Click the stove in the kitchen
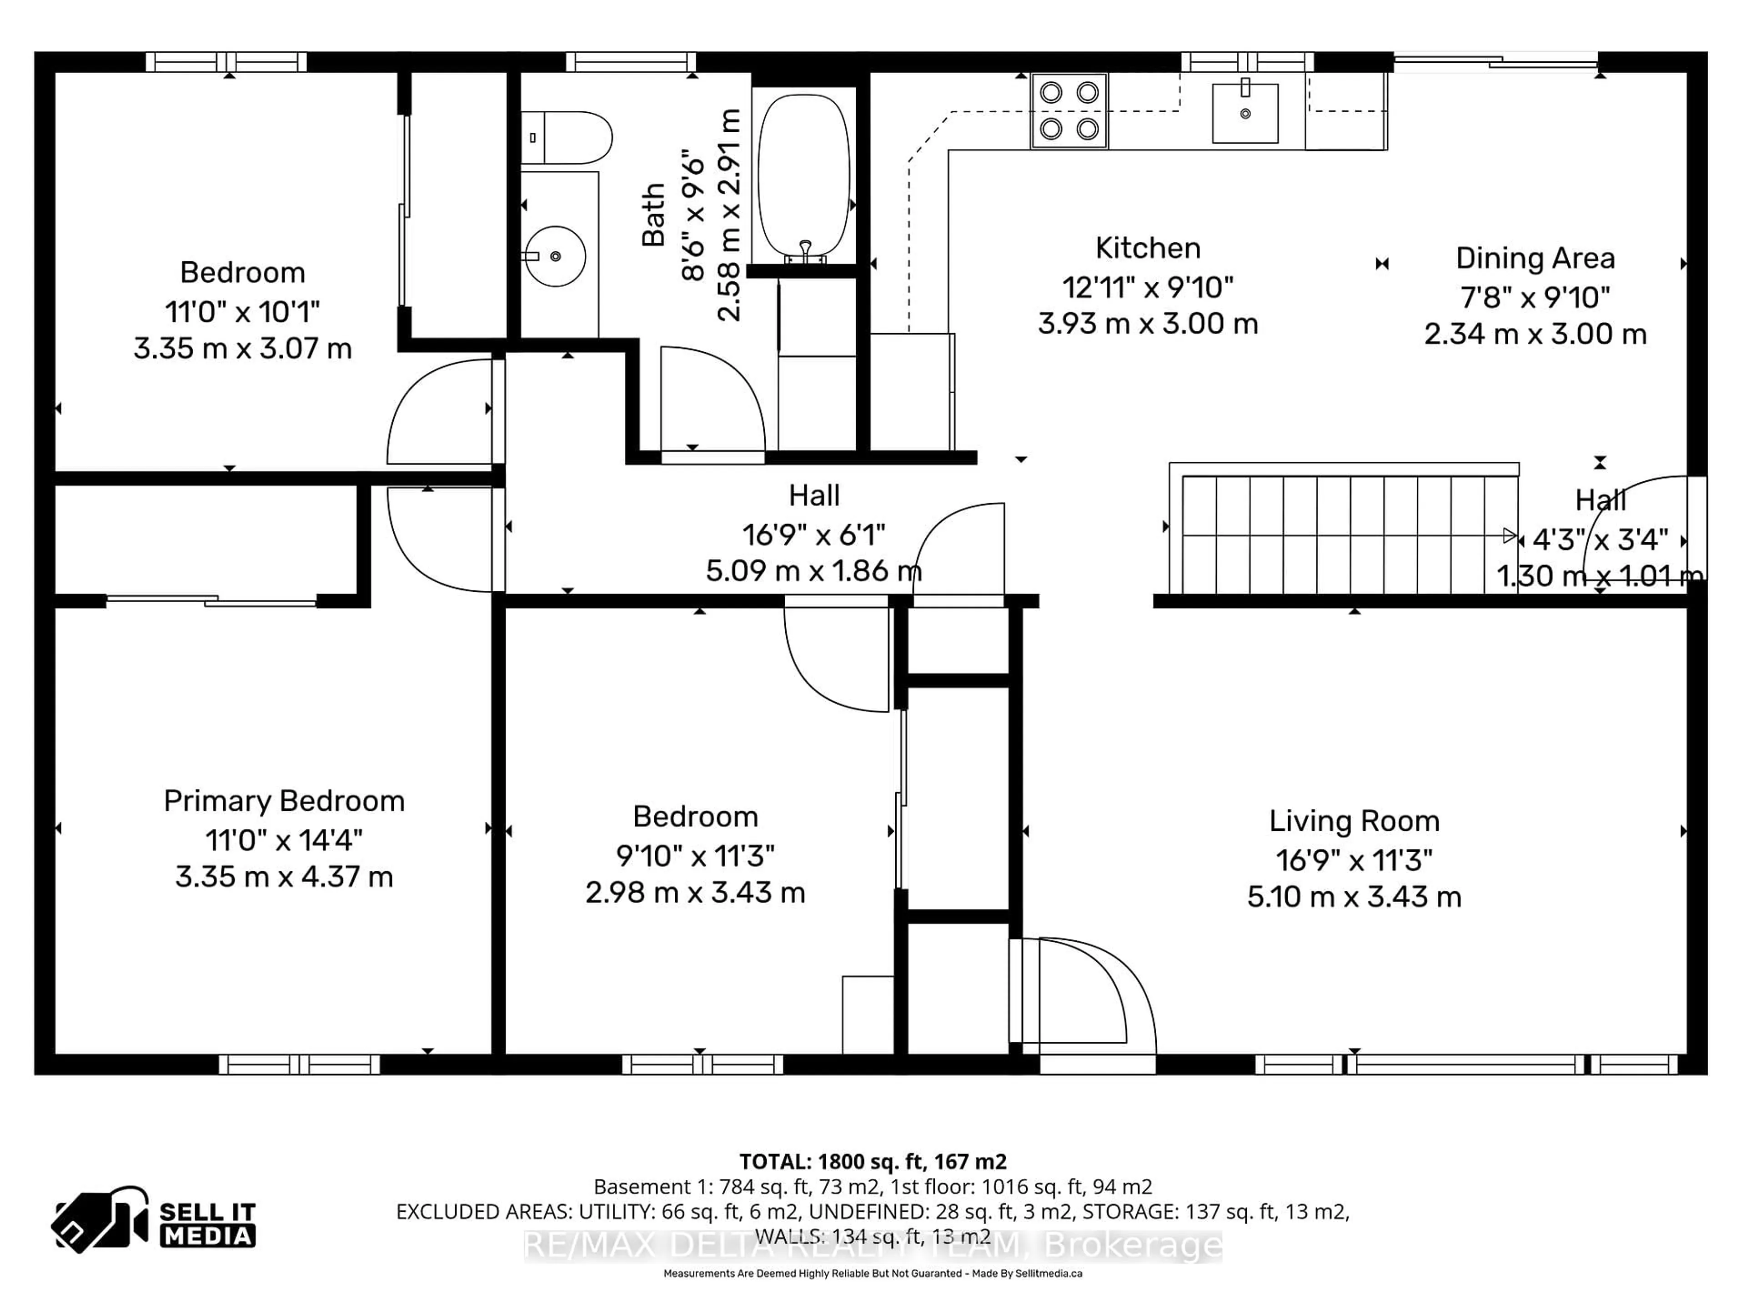tap(1069, 111)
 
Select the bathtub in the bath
tap(803, 175)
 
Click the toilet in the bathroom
tap(567, 137)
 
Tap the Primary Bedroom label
tap(284, 801)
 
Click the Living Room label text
tap(1354, 821)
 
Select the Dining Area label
tap(1535, 259)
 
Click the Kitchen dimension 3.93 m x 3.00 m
tap(1148, 324)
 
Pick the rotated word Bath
tap(653, 215)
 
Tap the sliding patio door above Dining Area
tap(1496, 61)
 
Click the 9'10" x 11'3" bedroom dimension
tap(695, 855)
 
